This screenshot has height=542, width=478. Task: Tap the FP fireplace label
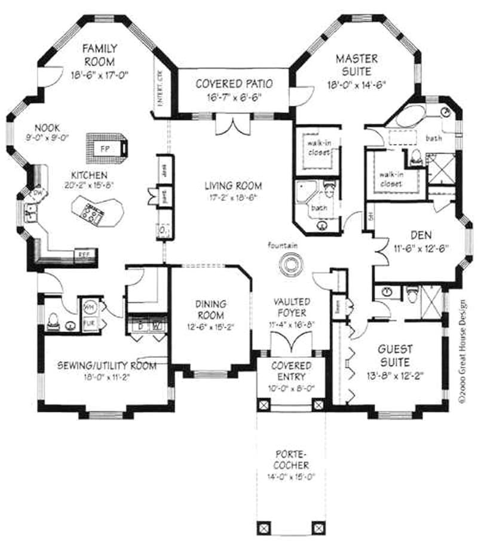coord(104,148)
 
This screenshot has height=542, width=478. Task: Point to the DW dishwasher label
coord(37,192)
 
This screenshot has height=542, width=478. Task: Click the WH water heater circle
coord(89,306)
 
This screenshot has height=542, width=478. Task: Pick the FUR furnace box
coord(89,323)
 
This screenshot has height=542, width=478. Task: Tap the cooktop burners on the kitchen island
coord(93,212)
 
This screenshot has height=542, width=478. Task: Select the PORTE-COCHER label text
coord(292,460)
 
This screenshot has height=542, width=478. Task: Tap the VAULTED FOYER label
coord(290,307)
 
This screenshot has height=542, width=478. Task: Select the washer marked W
coord(157,326)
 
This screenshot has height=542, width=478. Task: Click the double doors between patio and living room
coord(230,125)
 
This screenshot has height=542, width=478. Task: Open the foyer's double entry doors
coord(290,345)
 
